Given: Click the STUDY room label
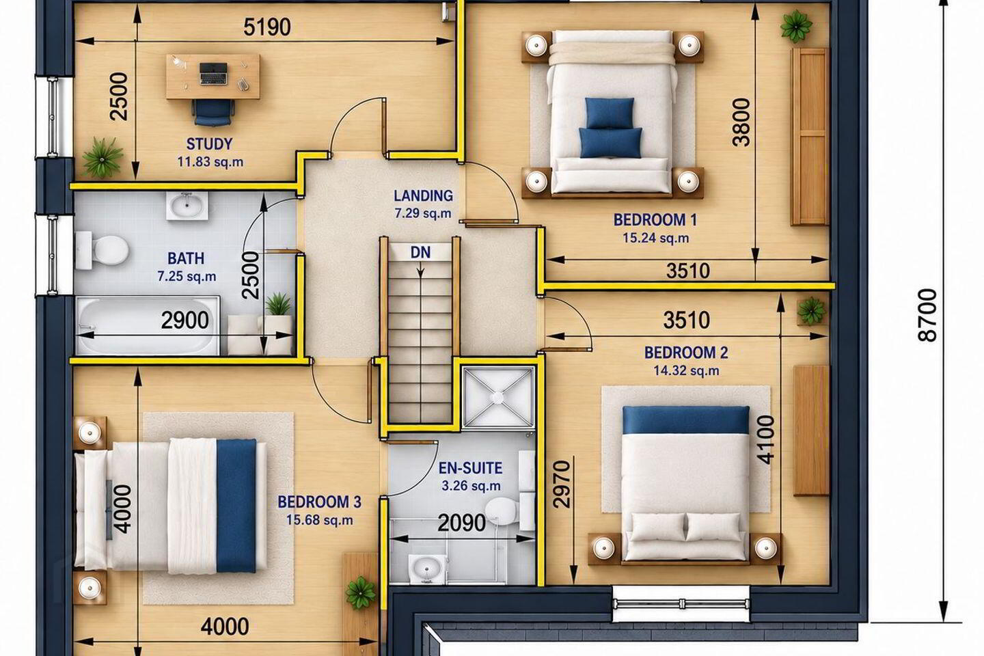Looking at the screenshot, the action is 209,143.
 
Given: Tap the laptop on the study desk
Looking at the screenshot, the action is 213,73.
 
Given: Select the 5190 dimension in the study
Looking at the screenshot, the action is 267,27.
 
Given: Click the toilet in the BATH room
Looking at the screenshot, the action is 102,250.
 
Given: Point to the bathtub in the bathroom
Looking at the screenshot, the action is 147,325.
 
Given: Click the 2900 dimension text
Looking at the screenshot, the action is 184,320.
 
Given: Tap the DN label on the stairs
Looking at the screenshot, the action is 420,252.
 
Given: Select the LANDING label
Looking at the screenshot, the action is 423,195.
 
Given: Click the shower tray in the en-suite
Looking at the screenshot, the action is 497,398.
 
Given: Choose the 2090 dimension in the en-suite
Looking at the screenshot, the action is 462,523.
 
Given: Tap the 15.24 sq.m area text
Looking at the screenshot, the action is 655,238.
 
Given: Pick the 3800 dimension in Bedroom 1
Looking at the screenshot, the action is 741,122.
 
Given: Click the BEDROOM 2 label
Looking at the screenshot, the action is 686,353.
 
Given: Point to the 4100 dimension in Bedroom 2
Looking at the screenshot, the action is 765,440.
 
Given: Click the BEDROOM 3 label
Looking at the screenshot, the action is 319,502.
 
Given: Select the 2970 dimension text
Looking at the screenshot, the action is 562,484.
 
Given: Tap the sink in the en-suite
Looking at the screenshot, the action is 426,569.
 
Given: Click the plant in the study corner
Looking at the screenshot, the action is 102,158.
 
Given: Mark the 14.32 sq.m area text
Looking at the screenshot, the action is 686,371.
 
